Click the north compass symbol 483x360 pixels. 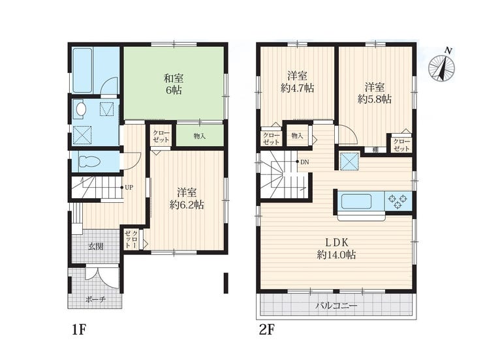coord(443,68)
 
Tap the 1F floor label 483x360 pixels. coord(78,330)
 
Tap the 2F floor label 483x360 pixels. coord(266,330)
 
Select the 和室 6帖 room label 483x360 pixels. coord(174,84)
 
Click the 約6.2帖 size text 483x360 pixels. coord(187,205)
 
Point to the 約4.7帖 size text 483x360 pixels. coord(297,89)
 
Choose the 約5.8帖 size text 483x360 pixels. coord(375,99)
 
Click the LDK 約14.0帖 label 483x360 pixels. coord(337,248)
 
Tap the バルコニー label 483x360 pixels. coord(336,305)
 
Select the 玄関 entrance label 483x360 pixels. coord(96,247)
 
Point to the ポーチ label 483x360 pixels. coord(96,299)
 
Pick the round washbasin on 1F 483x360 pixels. coord(81,109)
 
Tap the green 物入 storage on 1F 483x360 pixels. coord(200,136)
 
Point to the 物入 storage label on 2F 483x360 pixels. coord(297,136)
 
